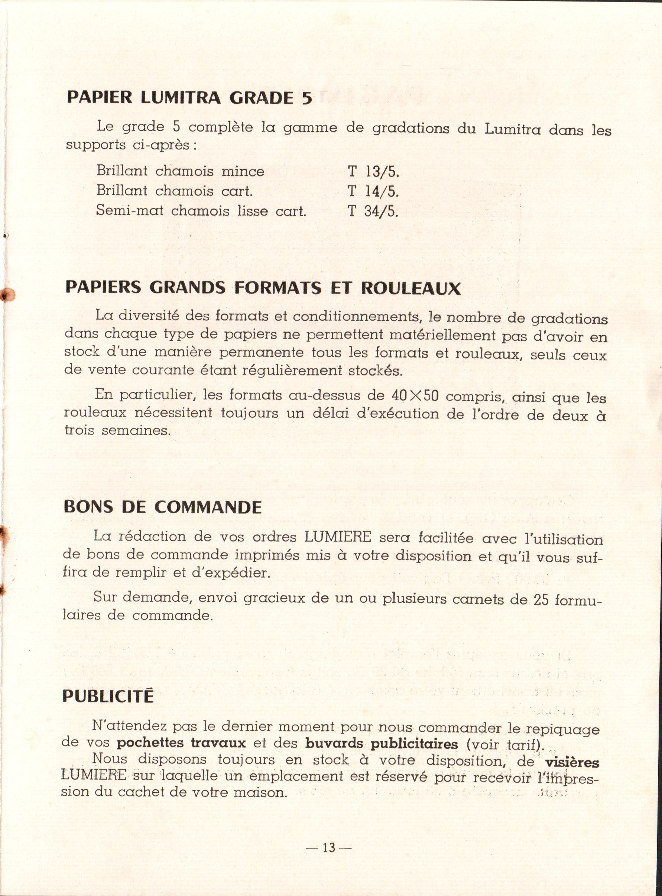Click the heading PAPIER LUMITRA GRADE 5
click(189, 98)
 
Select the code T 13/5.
click(373, 172)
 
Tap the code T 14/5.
click(373, 191)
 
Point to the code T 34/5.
click(373, 211)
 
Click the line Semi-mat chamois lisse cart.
click(201, 211)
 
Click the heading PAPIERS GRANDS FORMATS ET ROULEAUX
click(263, 288)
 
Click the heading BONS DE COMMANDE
click(163, 507)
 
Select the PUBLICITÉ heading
click(108, 696)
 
